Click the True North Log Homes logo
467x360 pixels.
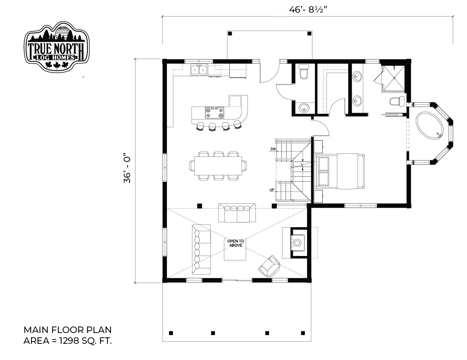(57, 46)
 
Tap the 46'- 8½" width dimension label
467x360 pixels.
(308, 10)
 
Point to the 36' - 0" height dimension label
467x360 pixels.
(127, 168)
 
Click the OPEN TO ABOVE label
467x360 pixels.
(236, 243)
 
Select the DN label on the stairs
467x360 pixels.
(273, 149)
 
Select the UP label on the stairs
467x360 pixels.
(272, 190)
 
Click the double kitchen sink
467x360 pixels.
(199, 70)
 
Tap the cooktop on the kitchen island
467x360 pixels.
(214, 113)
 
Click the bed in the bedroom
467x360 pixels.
(339, 171)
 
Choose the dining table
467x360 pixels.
(218, 166)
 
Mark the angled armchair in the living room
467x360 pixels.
(269, 266)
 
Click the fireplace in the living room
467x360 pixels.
(298, 243)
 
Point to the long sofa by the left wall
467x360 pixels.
(201, 249)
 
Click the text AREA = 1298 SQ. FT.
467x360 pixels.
(67, 341)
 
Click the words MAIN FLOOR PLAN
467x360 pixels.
(67, 330)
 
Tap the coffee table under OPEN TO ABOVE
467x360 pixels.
(235, 249)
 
